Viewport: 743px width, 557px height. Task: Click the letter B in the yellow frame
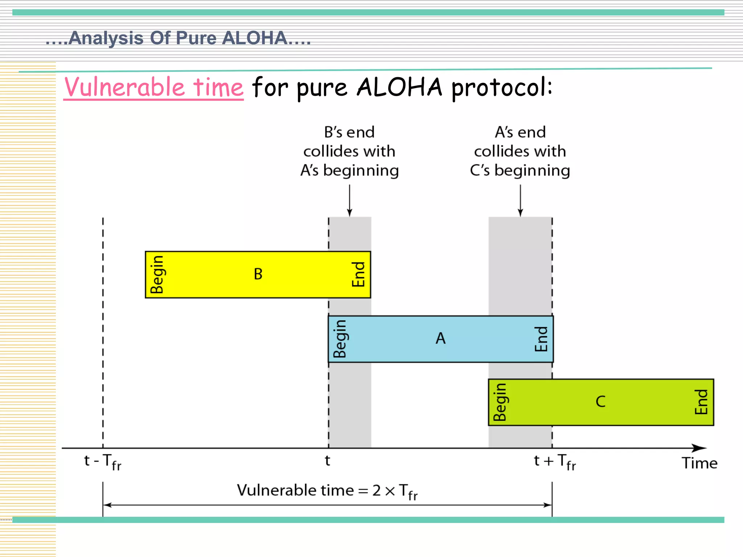click(258, 274)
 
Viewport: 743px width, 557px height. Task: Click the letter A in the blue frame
click(440, 338)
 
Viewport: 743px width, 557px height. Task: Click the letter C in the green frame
click(600, 402)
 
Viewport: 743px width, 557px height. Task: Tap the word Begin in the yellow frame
click(157, 275)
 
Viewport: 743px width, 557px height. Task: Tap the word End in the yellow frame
click(358, 275)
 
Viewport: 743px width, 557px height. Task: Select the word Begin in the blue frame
click(340, 339)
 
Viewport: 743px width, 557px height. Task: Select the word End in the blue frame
click(541, 339)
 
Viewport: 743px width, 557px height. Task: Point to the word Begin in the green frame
click(500, 402)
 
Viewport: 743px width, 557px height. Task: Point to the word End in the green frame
click(701, 402)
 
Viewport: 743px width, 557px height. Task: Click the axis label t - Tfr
click(103, 462)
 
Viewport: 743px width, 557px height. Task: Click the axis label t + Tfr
click(555, 462)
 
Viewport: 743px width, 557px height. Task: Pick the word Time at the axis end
click(699, 463)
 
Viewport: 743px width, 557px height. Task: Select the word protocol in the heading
click(502, 88)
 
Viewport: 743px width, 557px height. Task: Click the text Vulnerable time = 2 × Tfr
click(327, 491)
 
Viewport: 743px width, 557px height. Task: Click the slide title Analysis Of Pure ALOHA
click(178, 38)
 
